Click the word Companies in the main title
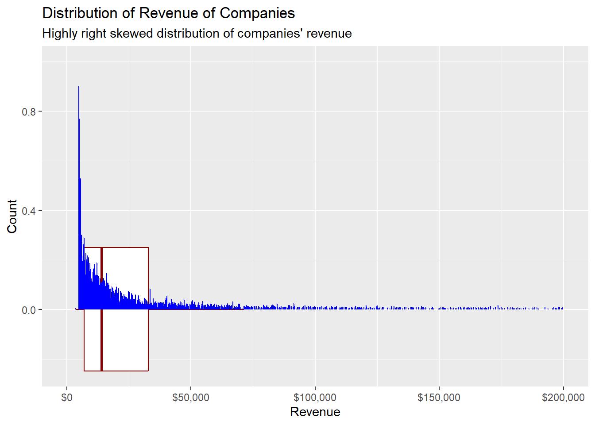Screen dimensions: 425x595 pos(257,13)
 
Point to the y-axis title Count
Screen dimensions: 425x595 pos(12,216)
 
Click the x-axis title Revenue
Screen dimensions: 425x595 pos(315,412)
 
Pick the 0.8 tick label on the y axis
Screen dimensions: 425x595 pos(29,112)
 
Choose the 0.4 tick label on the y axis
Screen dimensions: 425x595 pos(29,211)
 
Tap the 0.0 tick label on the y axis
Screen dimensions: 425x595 pos(29,310)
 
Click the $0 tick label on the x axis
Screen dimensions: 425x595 pos(67,398)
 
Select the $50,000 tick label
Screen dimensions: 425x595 pos(191,398)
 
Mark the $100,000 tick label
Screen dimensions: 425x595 pos(315,398)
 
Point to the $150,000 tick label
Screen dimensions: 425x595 pos(439,398)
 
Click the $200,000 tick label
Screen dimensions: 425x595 pos(563,398)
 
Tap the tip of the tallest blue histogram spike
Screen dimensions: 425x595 pos(79,87)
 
